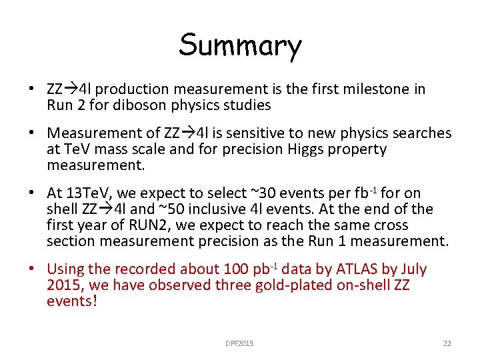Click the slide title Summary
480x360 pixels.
pyautogui.click(x=240, y=45)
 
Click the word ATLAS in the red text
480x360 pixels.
pyautogui.click(x=344, y=269)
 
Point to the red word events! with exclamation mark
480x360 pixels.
pyautogui.click(x=72, y=301)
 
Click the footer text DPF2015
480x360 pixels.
pyautogui.click(x=239, y=343)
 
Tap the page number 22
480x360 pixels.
pyautogui.click(x=447, y=343)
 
